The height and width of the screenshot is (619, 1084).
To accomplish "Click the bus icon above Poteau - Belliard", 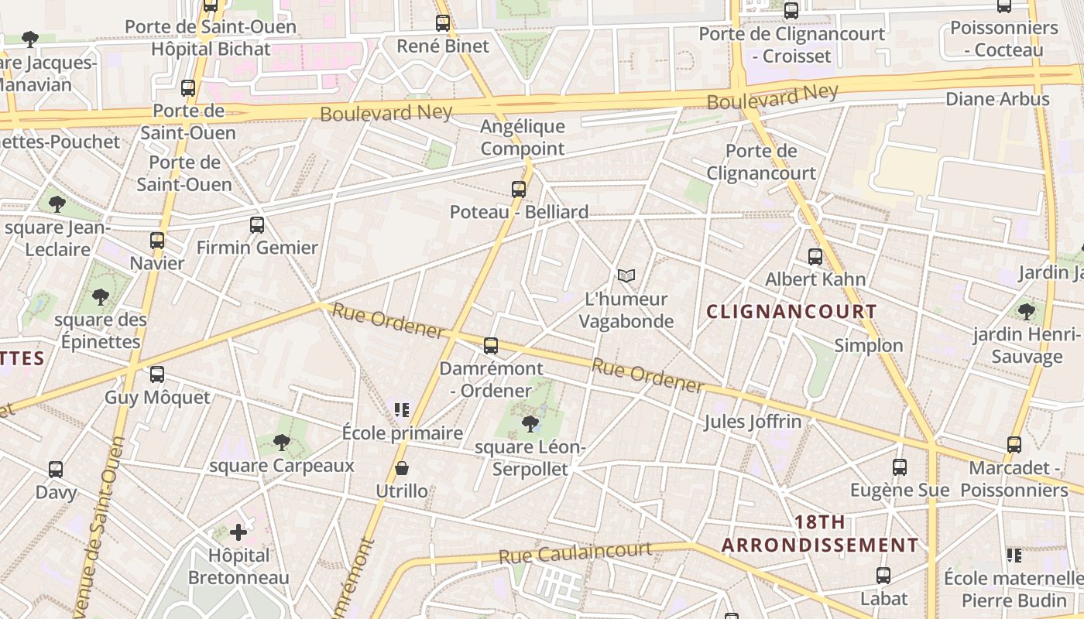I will click(519, 189).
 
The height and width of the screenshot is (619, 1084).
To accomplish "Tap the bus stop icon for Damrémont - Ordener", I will click(491, 346).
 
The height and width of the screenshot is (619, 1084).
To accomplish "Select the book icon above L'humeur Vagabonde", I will click(626, 275).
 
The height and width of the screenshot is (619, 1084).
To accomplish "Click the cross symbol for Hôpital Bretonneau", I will click(238, 532).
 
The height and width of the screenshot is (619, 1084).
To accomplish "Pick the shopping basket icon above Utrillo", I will click(402, 468).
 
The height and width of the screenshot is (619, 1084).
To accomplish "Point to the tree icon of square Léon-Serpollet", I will click(530, 423).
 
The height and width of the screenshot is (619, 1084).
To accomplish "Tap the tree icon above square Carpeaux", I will click(282, 443).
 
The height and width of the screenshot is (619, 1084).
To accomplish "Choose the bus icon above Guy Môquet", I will click(157, 374).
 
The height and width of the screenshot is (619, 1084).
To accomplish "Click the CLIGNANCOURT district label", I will click(792, 312).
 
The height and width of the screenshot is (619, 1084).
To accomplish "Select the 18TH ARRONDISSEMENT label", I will click(820, 534).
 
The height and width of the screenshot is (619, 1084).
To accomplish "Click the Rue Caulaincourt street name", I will click(575, 552).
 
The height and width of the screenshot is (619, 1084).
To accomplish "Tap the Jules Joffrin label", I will click(753, 422).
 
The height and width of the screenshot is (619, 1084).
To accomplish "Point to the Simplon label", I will click(869, 346).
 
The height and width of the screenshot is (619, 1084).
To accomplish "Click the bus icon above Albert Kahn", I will click(815, 256).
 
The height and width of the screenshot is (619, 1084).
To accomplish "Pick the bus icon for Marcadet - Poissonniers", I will click(1014, 445).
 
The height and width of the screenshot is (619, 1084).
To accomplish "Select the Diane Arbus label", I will click(997, 99).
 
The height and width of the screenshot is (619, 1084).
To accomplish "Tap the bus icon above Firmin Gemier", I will click(257, 225).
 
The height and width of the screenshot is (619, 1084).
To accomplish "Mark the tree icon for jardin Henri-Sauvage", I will click(1027, 312).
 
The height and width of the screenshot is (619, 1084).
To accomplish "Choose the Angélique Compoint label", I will click(523, 137).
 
